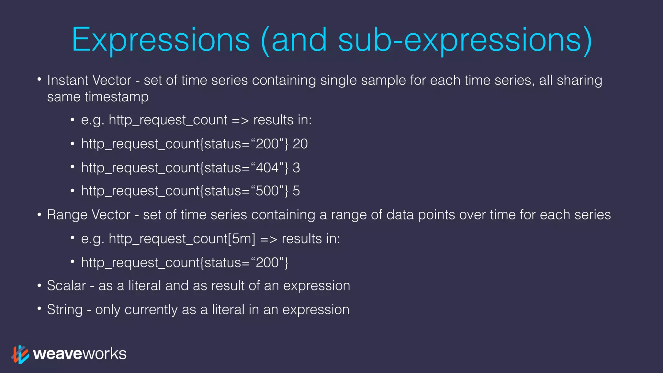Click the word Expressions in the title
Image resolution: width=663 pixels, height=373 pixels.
point(161,40)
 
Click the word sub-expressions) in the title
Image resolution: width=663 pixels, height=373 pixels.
point(465,40)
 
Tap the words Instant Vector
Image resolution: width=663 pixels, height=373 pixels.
point(89,80)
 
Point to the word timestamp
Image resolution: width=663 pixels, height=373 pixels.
point(117,97)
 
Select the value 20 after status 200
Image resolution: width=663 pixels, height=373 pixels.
point(300,144)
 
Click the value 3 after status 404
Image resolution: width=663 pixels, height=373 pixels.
point(296,168)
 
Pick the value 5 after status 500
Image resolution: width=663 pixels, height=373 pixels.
point(296,191)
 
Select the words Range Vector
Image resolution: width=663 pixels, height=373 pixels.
point(88,215)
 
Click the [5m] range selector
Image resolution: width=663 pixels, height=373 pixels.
point(242,239)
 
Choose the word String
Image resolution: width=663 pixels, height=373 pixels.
point(65,310)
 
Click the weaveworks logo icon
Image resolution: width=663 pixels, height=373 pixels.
point(20,354)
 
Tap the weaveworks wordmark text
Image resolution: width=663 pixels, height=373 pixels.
point(80,354)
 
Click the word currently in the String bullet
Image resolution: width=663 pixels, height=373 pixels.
point(151,310)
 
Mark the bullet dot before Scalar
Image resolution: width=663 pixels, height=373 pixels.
point(39,286)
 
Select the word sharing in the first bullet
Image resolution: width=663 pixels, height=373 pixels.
point(579,80)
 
